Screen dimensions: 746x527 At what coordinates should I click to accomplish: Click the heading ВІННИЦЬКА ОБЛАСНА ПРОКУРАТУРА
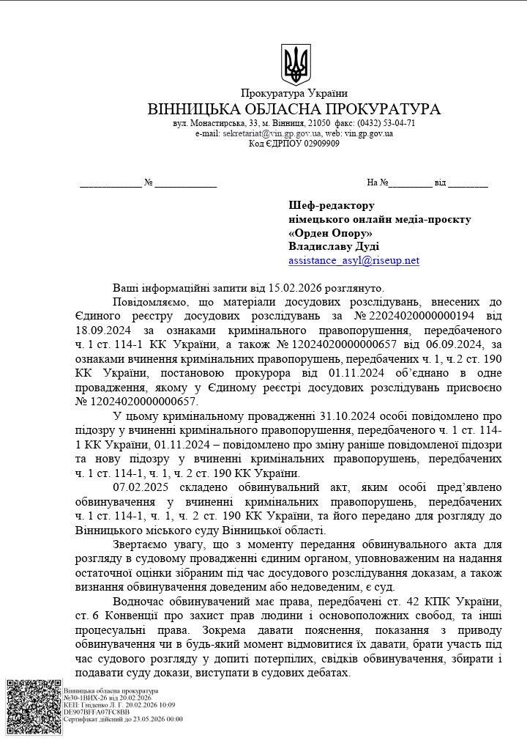294,108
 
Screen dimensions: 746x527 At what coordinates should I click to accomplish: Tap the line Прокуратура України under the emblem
294,93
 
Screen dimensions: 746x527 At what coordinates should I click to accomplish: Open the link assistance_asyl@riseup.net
354,260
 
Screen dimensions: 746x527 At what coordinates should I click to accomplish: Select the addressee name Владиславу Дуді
334,247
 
